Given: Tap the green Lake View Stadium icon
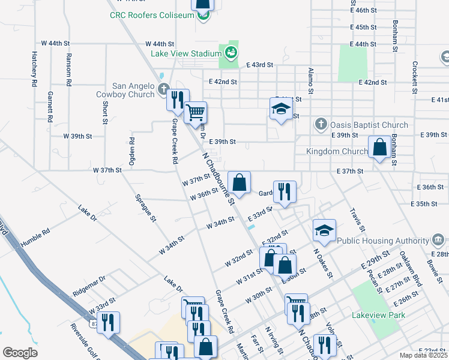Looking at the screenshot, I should click(x=231, y=53).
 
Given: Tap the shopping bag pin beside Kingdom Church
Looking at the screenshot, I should click(x=379, y=147).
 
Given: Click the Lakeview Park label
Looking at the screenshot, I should click(x=379, y=315).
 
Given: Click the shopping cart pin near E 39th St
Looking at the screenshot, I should click(x=195, y=112).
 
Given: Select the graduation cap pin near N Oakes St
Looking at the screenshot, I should click(x=324, y=230).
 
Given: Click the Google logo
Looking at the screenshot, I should click(x=20, y=352).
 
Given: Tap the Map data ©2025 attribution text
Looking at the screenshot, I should click(x=423, y=355).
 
